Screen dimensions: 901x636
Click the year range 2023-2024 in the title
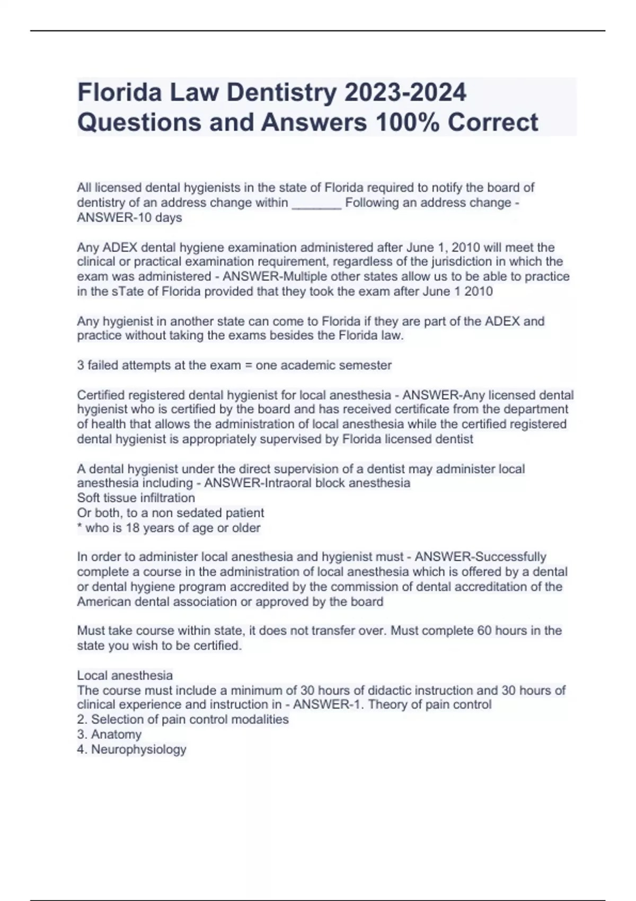point(405,92)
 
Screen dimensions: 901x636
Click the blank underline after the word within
point(316,203)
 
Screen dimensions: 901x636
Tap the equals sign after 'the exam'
point(248,365)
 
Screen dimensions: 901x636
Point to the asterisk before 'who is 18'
point(79,527)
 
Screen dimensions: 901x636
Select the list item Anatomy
point(116,735)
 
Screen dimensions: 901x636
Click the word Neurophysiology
point(138,749)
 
